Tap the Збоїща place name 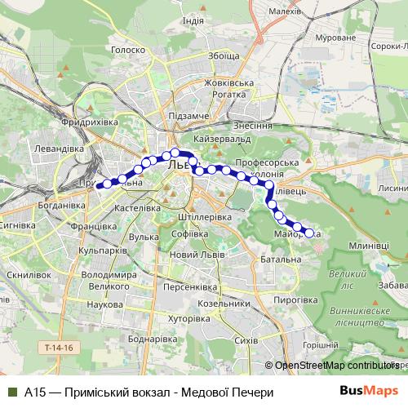(x=224, y=56)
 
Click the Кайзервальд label (x=224, y=139)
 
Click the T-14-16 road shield (x=59, y=348)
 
